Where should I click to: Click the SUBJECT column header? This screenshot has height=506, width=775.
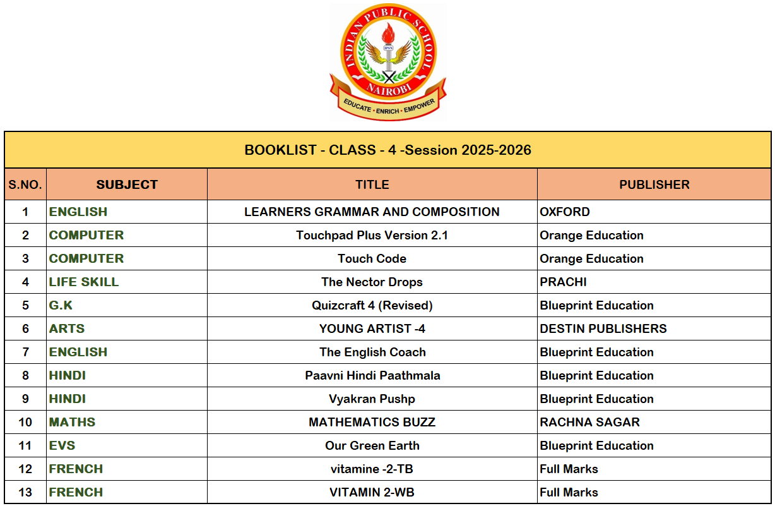click(x=127, y=185)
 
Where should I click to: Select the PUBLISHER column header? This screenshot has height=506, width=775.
click(x=654, y=185)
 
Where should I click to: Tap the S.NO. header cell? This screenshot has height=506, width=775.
click(x=25, y=185)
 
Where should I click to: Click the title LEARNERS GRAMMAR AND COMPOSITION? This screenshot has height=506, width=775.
click(x=372, y=212)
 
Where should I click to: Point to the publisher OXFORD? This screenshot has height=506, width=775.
click(x=565, y=212)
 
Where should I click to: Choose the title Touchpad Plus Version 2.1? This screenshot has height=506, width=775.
click(x=372, y=236)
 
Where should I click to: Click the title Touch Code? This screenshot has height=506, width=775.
click(x=372, y=259)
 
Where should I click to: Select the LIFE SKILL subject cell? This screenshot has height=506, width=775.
click(x=84, y=282)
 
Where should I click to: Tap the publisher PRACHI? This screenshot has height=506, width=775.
click(x=563, y=282)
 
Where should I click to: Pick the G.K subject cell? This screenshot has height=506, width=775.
click(x=61, y=306)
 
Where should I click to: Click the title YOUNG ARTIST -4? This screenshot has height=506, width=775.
click(x=372, y=329)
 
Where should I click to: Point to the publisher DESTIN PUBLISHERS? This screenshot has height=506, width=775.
click(x=603, y=329)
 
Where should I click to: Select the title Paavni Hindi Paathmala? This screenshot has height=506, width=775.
click(x=372, y=376)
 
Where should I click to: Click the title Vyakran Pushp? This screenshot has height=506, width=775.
click(x=372, y=399)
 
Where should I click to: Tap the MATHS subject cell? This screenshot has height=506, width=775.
click(x=72, y=423)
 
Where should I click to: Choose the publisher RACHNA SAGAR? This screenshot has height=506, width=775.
click(x=589, y=423)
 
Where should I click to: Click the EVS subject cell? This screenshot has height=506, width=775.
click(x=62, y=446)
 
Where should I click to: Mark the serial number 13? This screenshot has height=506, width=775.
click(x=25, y=493)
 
